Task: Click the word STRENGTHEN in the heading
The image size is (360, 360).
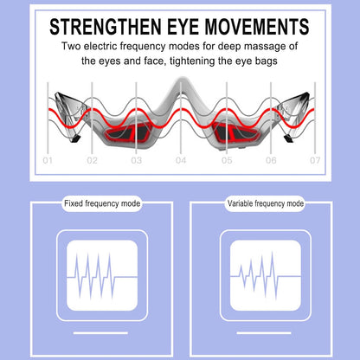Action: click(106, 27)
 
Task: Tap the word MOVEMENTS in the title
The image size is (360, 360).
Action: click(257, 27)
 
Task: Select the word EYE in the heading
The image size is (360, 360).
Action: click(183, 27)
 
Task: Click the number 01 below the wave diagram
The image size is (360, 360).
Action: click(48, 160)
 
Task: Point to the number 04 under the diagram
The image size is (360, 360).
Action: click(181, 160)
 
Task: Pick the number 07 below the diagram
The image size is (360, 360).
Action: click(315, 160)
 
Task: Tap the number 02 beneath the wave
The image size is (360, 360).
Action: click(92, 160)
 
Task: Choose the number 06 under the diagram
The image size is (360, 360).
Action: click(271, 160)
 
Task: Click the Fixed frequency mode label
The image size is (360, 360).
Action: click(102, 203)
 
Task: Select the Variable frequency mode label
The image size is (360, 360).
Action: click(266, 203)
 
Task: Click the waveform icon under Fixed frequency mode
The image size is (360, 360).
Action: click(102, 275)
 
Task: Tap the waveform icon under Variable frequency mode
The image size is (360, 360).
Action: click(266, 275)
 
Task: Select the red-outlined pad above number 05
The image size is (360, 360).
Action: click(235, 132)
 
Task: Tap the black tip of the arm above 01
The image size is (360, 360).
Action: click(75, 139)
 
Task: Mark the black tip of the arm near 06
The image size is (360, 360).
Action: click(288, 139)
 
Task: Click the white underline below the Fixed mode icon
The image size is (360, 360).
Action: click(100, 333)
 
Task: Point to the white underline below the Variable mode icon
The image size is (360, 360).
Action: click(264, 333)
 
